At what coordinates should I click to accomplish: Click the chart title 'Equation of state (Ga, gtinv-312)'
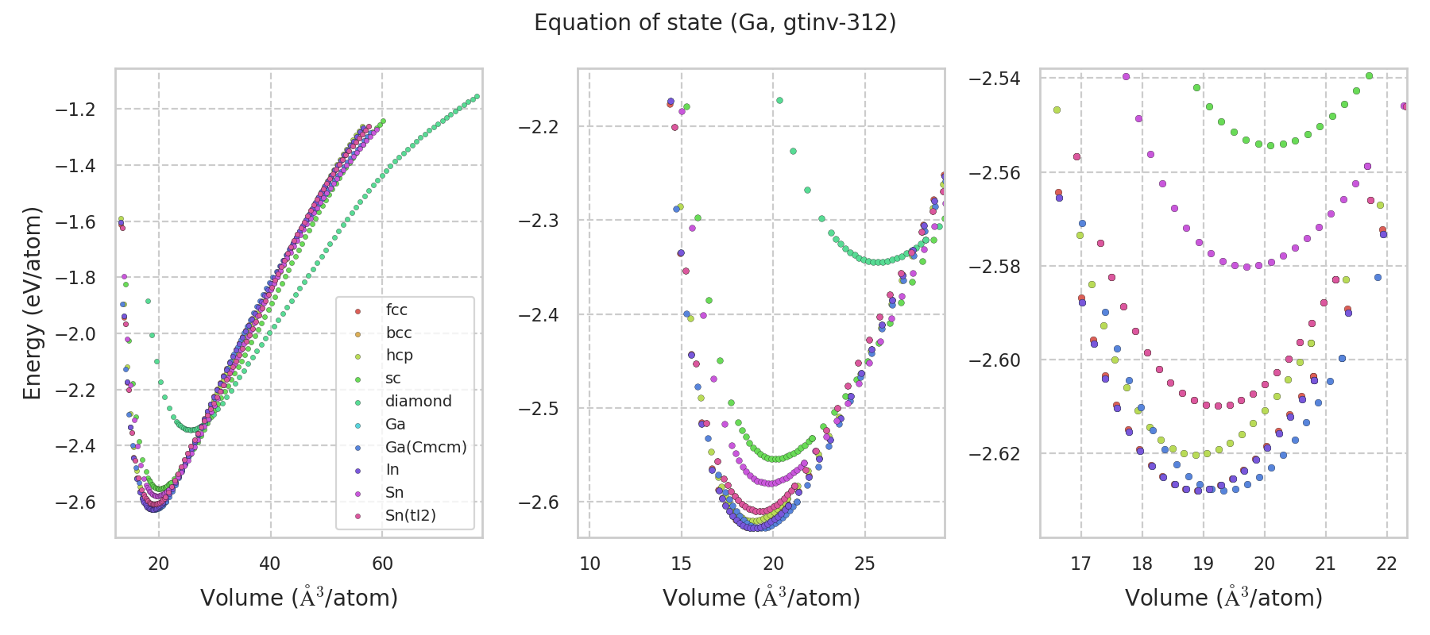pyautogui.click(x=715, y=23)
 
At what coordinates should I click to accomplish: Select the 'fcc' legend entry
pyautogui.click(x=396, y=310)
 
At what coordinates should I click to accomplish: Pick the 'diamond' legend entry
pyautogui.click(x=418, y=402)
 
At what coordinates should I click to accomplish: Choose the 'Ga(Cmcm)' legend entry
pyautogui.click(x=426, y=447)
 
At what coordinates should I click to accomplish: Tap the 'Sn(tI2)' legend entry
pyautogui.click(x=411, y=516)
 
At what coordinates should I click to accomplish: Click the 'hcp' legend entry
pyautogui.click(x=399, y=356)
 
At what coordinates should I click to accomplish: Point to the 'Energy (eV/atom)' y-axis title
pyautogui.click(x=32, y=302)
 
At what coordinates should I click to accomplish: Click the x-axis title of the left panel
pyautogui.click(x=299, y=598)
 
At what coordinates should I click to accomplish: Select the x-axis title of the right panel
pyautogui.click(x=1223, y=598)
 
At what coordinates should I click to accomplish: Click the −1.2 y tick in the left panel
pyautogui.click(x=75, y=110)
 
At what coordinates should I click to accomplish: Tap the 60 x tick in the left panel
pyautogui.click(x=382, y=564)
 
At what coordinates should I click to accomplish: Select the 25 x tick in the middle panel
pyautogui.click(x=864, y=564)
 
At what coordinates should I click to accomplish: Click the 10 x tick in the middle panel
pyautogui.click(x=589, y=564)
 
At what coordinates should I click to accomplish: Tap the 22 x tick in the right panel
pyautogui.click(x=1386, y=564)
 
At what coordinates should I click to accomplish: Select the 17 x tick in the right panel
pyautogui.click(x=1080, y=564)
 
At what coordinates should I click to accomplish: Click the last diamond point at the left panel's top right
pyautogui.click(x=477, y=97)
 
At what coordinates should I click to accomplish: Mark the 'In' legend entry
pyautogui.click(x=392, y=470)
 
